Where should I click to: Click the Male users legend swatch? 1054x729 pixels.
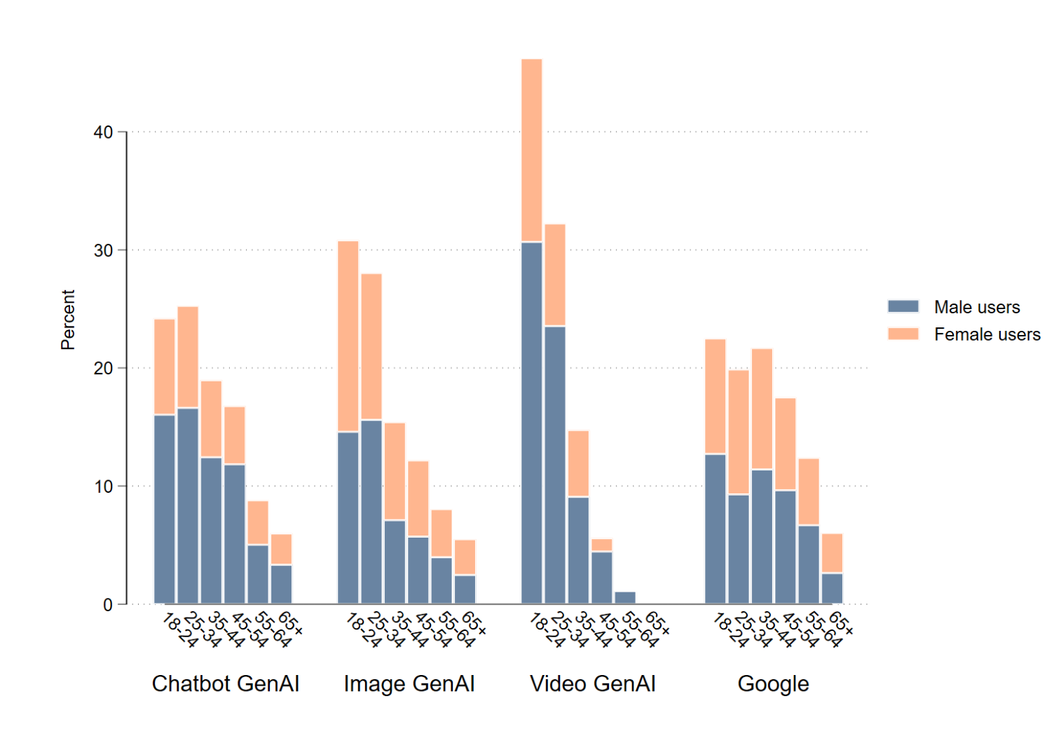[x=903, y=306]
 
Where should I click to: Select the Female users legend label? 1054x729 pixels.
[x=987, y=334]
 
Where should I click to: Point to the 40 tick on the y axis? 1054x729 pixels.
[x=103, y=132]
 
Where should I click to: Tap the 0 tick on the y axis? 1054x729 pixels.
[x=107, y=605]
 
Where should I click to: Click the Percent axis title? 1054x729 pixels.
[x=68, y=320]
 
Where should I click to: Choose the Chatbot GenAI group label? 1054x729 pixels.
[x=226, y=683]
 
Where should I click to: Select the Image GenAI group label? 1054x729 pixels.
[x=409, y=683]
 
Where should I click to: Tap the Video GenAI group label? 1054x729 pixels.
[x=593, y=683]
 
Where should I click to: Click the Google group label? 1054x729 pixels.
[x=773, y=683]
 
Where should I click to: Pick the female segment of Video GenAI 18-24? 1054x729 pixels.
[x=532, y=150]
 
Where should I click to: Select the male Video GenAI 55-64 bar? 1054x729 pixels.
[x=625, y=598]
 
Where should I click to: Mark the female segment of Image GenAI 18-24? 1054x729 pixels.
[x=348, y=336]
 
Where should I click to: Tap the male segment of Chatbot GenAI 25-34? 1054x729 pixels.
[x=188, y=505]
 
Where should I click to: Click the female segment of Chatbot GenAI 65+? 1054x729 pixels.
[x=282, y=550]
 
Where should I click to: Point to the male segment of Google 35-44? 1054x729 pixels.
[x=762, y=536]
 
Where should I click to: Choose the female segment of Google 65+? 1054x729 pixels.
[x=832, y=554]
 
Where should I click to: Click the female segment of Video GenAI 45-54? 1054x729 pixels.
[x=602, y=545]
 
